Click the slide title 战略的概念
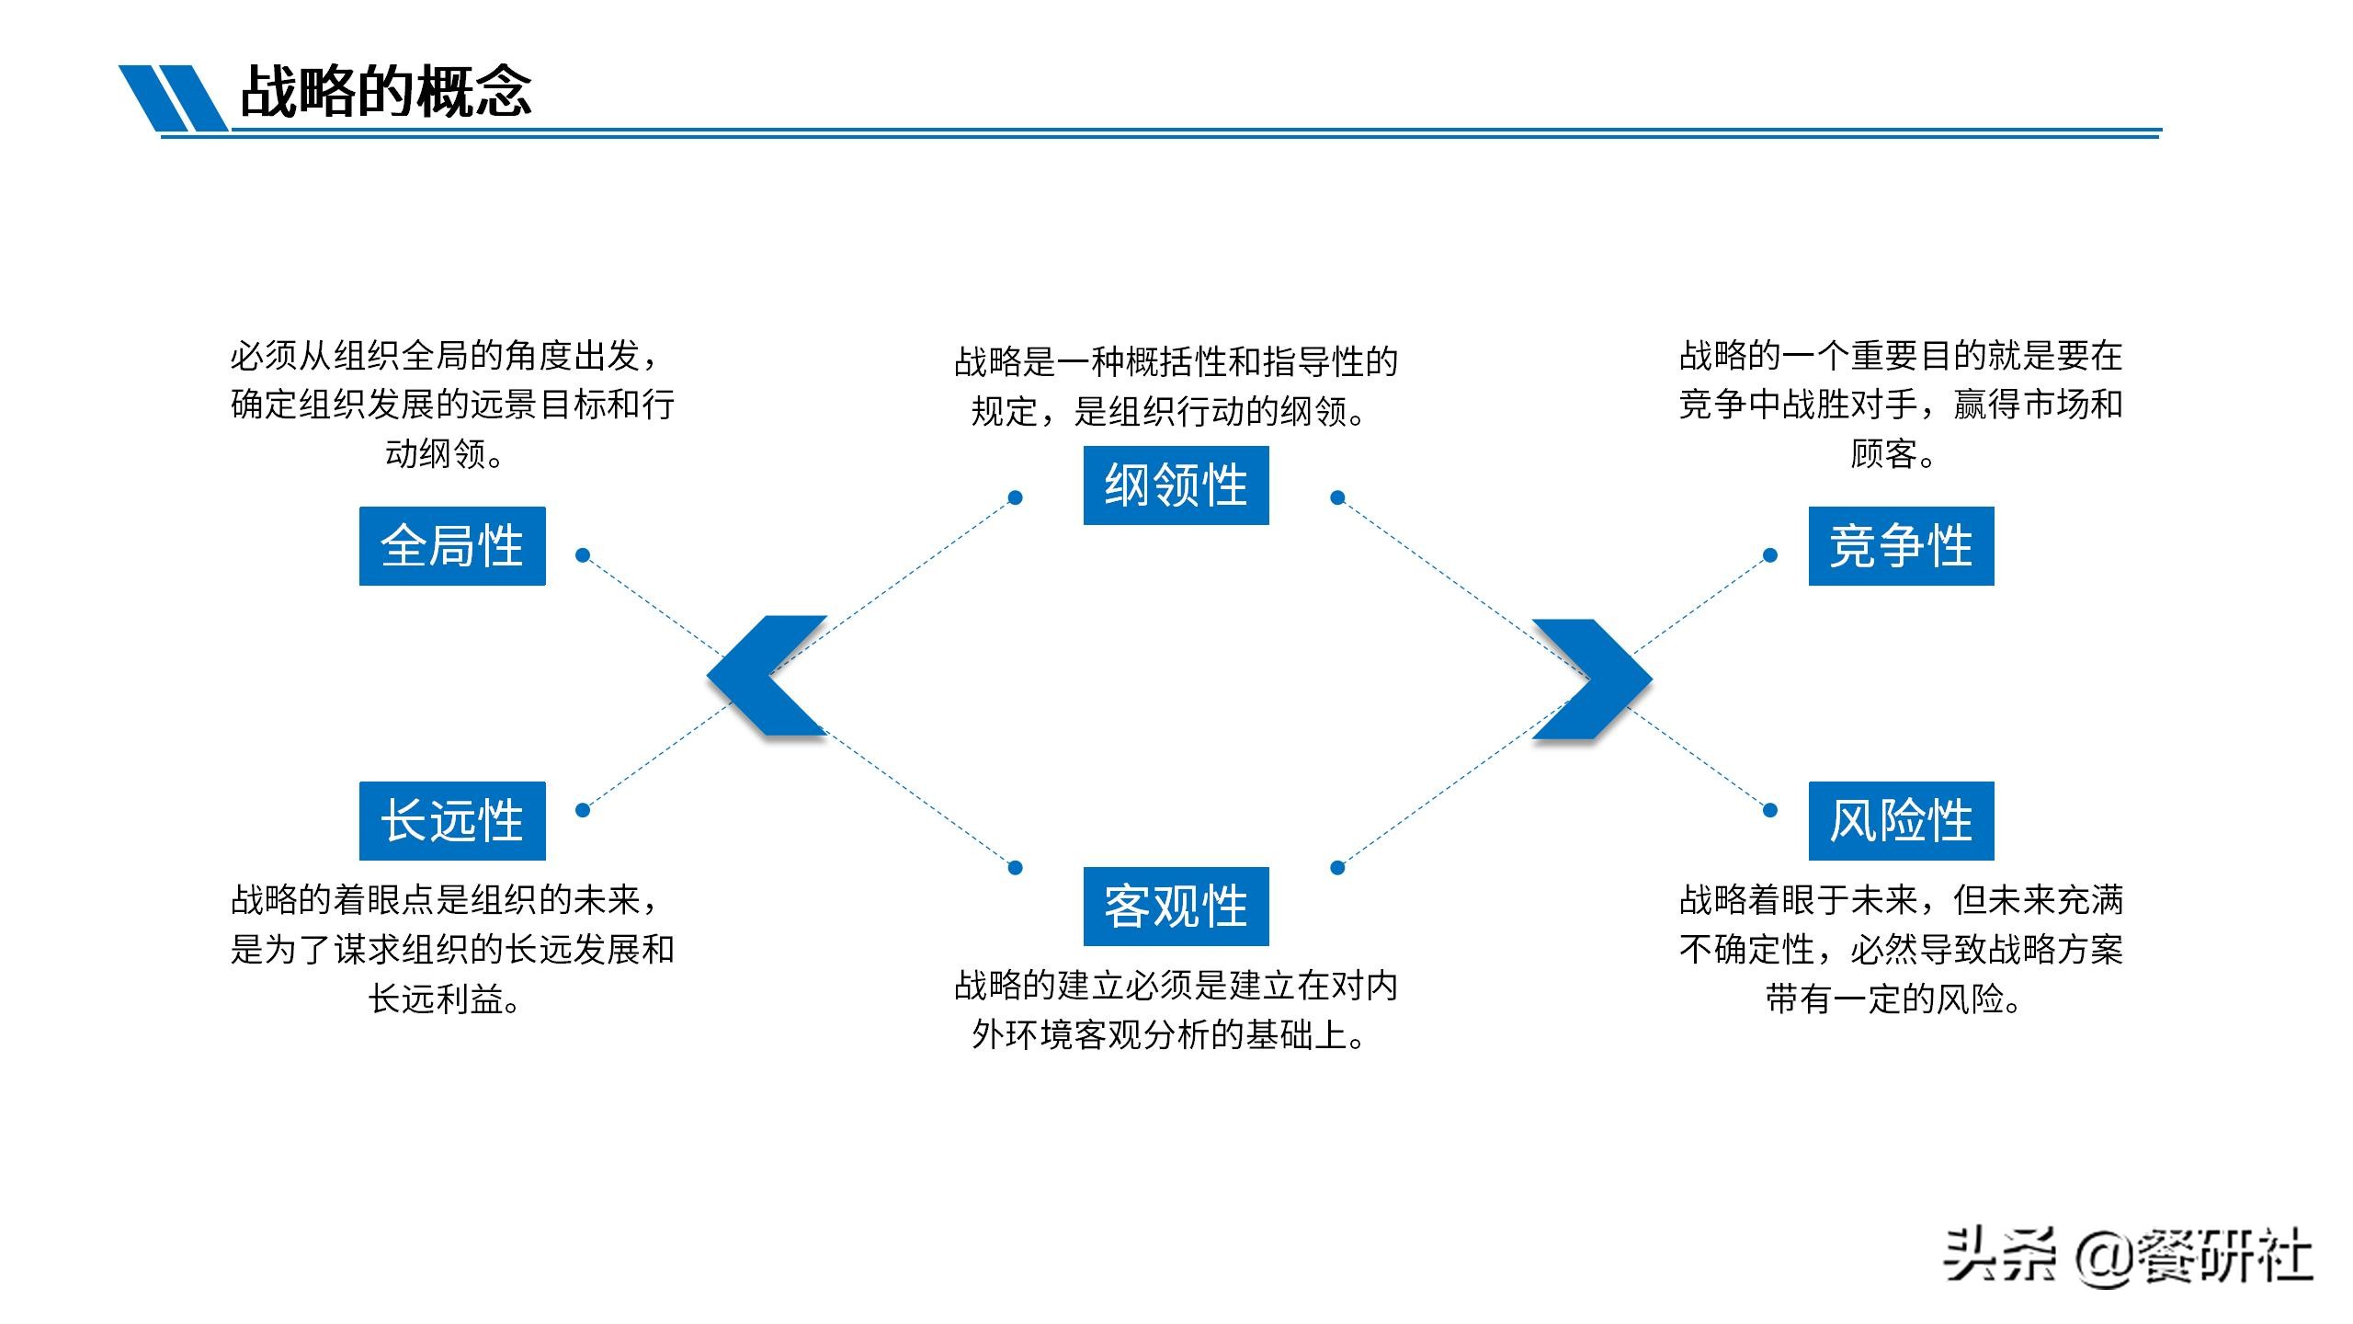pyautogui.click(x=386, y=92)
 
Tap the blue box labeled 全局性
pyautogui.click(x=452, y=546)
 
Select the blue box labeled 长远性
pyautogui.click(x=452, y=821)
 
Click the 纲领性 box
pyautogui.click(x=1176, y=485)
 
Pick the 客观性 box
pyautogui.click(x=1176, y=907)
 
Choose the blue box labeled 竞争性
pyautogui.click(x=1901, y=546)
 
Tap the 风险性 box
pyautogui.click(x=1901, y=821)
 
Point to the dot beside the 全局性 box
pyautogui.click(x=582, y=554)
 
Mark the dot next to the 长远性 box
pyautogui.click(x=582, y=810)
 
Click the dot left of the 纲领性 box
pyautogui.click(x=1015, y=497)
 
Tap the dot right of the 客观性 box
pyautogui.click(x=1337, y=867)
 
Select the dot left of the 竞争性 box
pyautogui.click(x=1770, y=554)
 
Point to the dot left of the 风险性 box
pyautogui.click(x=1770, y=810)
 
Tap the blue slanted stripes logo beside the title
pyautogui.click(x=173, y=97)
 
